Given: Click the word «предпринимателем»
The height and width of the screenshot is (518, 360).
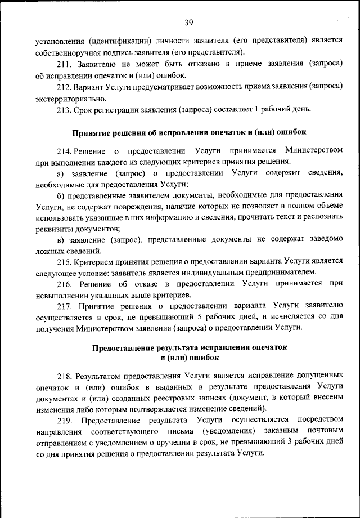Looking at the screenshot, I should pos(283,273).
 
